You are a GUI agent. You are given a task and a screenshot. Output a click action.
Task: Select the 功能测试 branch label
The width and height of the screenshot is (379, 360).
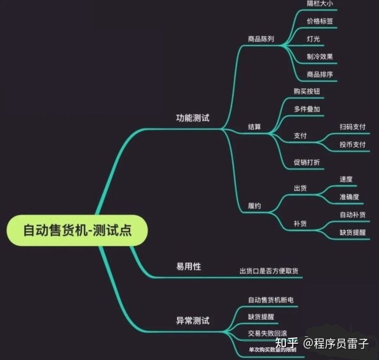click(192, 118)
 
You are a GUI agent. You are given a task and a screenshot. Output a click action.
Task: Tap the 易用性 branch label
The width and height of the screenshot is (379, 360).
click(188, 266)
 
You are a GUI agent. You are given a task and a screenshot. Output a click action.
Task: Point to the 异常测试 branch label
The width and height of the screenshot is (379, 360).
click(192, 320)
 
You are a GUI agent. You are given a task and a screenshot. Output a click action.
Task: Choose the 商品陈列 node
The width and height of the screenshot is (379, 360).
click(261, 39)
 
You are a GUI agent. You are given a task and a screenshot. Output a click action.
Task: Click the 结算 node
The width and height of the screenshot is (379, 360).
click(254, 127)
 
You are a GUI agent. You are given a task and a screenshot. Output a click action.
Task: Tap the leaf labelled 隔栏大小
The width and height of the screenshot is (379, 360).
click(320, 3)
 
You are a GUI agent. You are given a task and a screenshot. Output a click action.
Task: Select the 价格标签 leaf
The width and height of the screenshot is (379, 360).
click(320, 22)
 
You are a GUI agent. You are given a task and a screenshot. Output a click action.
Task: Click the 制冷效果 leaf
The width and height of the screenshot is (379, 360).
click(320, 57)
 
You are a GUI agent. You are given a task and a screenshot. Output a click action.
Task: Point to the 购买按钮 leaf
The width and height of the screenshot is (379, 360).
click(307, 91)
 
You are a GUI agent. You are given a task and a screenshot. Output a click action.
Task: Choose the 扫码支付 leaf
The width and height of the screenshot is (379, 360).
click(352, 127)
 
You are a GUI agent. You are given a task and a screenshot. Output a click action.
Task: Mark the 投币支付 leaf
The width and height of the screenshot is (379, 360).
click(352, 145)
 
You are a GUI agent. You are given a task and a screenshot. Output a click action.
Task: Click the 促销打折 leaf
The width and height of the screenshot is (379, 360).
click(307, 162)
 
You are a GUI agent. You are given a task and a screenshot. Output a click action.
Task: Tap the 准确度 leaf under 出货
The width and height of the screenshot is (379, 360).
click(349, 197)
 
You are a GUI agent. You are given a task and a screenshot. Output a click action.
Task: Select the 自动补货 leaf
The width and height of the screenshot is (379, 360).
click(352, 214)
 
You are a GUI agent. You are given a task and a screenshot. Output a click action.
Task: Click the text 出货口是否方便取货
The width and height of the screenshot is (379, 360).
click(269, 271)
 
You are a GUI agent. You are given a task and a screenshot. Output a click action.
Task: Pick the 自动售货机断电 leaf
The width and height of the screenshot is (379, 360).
click(271, 300)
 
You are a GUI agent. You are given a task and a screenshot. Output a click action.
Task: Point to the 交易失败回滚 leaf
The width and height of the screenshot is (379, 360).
click(267, 334)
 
